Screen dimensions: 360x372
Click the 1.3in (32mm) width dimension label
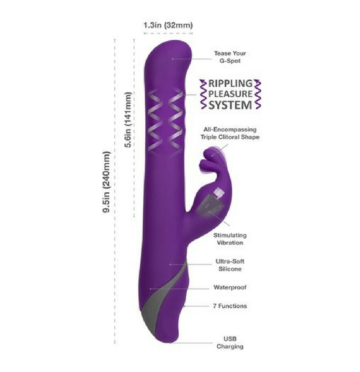point(168,25)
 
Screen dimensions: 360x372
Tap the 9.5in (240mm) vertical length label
point(107,182)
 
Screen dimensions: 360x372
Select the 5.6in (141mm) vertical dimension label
point(128,120)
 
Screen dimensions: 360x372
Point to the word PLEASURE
point(230,94)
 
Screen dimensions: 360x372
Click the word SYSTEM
point(230,105)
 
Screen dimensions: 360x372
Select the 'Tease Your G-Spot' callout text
point(230,57)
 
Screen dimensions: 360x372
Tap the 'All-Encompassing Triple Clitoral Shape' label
point(230,133)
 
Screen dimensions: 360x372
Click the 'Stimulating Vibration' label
point(230,239)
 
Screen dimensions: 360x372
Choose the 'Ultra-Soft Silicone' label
point(230,265)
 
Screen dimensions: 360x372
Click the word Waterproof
point(230,288)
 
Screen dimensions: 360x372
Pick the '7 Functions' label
point(230,306)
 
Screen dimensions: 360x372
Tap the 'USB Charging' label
point(230,343)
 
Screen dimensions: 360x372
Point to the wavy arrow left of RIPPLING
point(203,94)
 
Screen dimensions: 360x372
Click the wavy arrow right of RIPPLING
point(258,94)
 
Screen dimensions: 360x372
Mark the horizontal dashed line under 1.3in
point(168,33)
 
